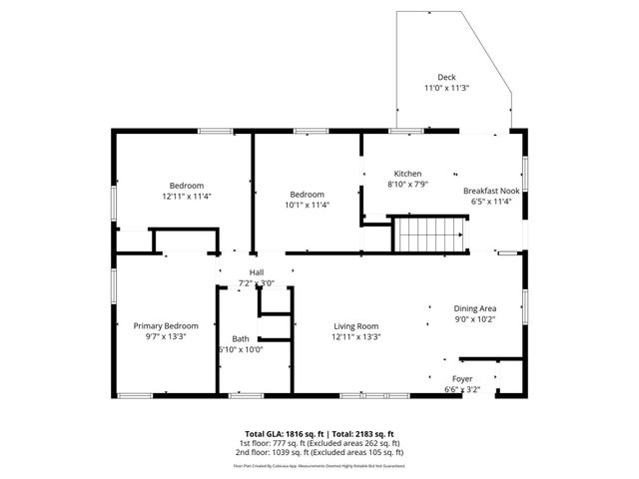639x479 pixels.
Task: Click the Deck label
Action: [x=446, y=78]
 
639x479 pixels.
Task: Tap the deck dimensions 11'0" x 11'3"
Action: [x=446, y=88]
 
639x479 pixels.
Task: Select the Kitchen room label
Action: [x=407, y=173]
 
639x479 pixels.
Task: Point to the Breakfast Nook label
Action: [x=490, y=191]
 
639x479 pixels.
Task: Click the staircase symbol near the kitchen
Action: [x=430, y=237]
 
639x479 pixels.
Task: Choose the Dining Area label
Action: [x=475, y=309]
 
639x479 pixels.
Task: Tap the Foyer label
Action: [x=462, y=379]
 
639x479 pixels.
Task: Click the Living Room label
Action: [x=355, y=326]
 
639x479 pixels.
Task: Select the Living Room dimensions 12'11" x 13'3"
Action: [x=355, y=337]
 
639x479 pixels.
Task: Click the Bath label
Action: [x=241, y=338]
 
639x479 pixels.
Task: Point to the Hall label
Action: [x=257, y=272]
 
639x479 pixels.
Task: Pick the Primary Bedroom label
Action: [x=166, y=326]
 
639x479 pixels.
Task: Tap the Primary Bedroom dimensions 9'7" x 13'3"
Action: [x=166, y=337]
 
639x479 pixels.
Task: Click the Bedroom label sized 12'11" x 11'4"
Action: [x=187, y=186]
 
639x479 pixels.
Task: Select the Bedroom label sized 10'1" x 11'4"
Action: [x=308, y=194]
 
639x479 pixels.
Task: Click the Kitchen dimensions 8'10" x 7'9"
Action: [x=407, y=184]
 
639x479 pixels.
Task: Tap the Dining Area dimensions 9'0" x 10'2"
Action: [x=475, y=320]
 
